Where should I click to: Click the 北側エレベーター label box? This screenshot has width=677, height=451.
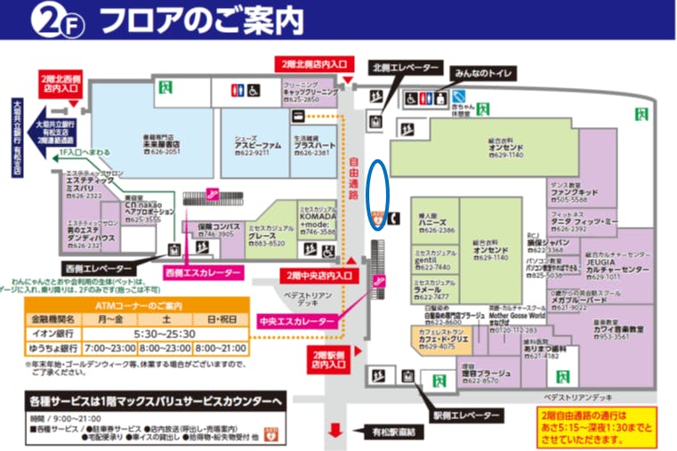[405, 68]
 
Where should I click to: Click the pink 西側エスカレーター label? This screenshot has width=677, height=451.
[202, 272]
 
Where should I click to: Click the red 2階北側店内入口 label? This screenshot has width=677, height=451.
[313, 65]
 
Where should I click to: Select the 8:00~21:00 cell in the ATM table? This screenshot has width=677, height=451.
[222, 347]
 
